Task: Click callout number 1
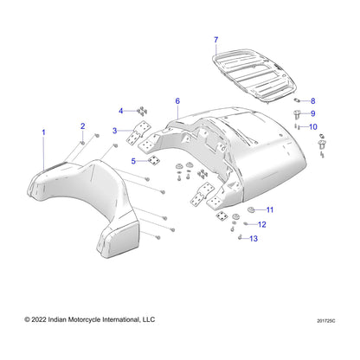pyautogui.click(x=43, y=132)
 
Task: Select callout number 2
pyautogui.click(x=83, y=126)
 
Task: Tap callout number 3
pyautogui.click(x=115, y=131)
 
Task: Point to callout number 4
pyautogui.click(x=121, y=111)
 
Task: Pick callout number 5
pyautogui.click(x=133, y=161)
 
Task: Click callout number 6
pyautogui.click(x=177, y=101)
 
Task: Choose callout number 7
pyautogui.click(x=216, y=40)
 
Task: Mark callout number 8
pyautogui.click(x=313, y=101)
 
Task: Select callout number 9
pyautogui.click(x=313, y=113)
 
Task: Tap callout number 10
pyautogui.click(x=313, y=126)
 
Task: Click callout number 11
pyautogui.click(x=270, y=209)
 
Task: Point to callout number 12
pyautogui.click(x=262, y=224)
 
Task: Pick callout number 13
pyautogui.click(x=254, y=239)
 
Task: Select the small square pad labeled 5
pyautogui.click(x=154, y=160)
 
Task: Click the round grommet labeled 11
pyautogui.click(x=252, y=209)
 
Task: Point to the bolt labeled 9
pyautogui.click(x=296, y=114)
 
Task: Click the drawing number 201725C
pyautogui.click(x=326, y=321)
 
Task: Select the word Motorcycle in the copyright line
pyautogui.click(x=84, y=319)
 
